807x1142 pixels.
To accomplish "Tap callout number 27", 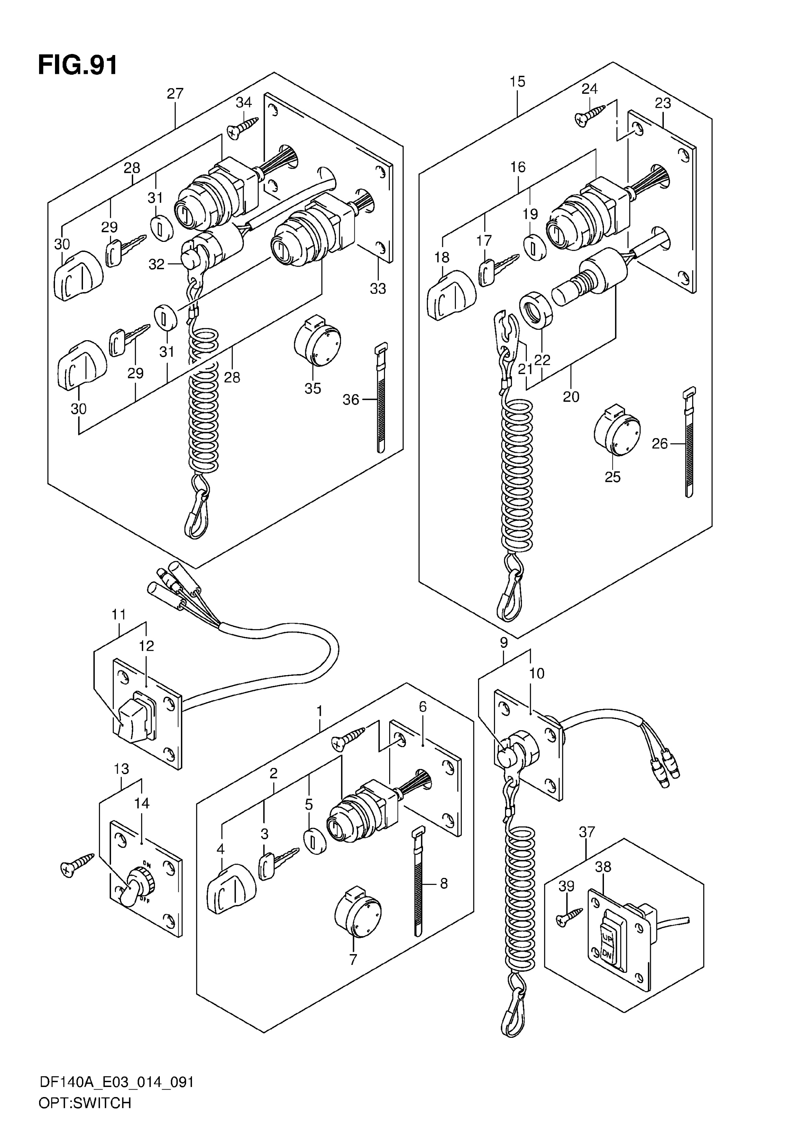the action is [175, 93].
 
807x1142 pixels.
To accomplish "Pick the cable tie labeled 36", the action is [380, 397].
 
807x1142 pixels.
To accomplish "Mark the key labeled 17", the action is [498, 269].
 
